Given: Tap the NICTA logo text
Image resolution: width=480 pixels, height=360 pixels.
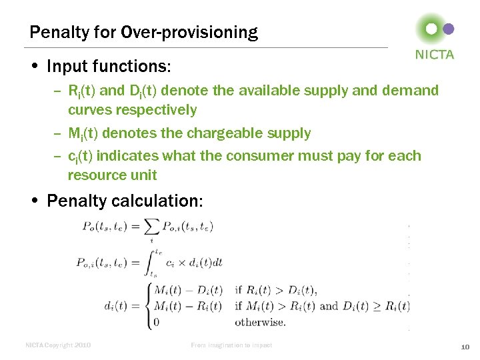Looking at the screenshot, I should click(x=435, y=55).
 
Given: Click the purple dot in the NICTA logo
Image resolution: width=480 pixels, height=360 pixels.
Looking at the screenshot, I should click(x=449, y=29).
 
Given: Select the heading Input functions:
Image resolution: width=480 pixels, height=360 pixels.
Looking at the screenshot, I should click(x=109, y=67).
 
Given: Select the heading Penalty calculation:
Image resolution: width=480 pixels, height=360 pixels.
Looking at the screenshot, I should click(x=125, y=201).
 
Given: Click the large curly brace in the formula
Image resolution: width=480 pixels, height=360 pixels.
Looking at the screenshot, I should click(x=149, y=307).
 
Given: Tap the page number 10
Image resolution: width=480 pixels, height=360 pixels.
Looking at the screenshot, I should click(x=465, y=346).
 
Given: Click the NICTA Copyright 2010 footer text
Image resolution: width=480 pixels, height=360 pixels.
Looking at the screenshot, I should click(x=58, y=345).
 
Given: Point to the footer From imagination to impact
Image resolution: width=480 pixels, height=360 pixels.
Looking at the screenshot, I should click(x=231, y=345).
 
